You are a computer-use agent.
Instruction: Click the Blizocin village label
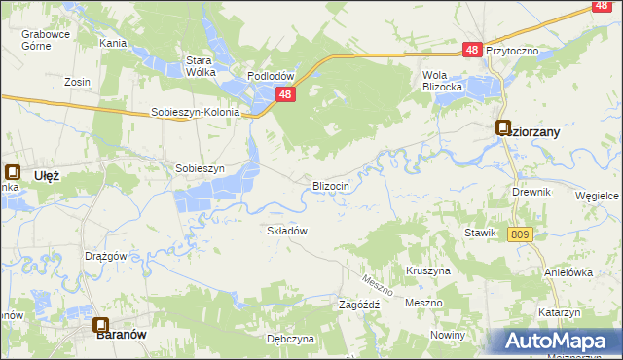[x=331, y=185]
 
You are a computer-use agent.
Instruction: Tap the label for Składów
[x=287, y=231]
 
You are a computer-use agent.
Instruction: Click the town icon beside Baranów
[x=100, y=326]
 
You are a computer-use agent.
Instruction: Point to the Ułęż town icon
[x=12, y=172]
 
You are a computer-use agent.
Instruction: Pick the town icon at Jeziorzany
[x=503, y=126]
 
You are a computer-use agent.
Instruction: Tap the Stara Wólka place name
[x=200, y=65]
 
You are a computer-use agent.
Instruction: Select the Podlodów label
[x=271, y=76]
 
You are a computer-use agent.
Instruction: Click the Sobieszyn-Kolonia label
[x=195, y=112]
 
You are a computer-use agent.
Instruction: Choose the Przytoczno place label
[x=512, y=51]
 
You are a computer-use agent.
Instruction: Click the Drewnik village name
[x=531, y=192]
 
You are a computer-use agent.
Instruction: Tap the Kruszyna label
[x=427, y=270]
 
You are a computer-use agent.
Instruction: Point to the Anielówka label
[x=568, y=272]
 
